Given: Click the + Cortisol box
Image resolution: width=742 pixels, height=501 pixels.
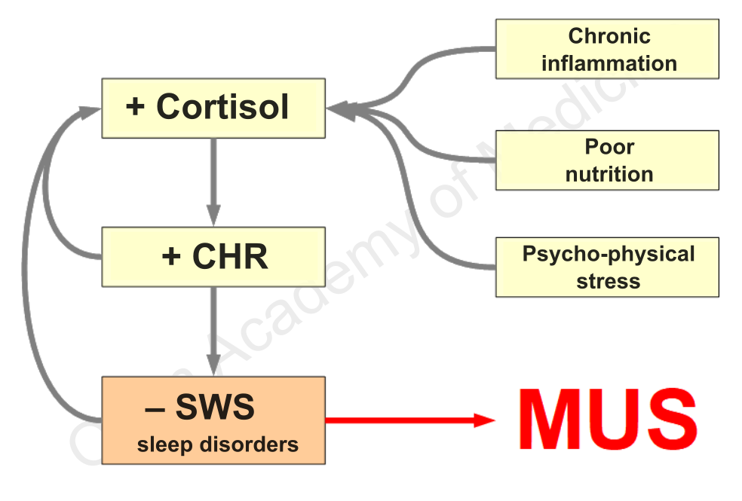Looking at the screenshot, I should [x=213, y=108].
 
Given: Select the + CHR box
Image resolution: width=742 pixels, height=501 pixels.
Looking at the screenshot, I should [x=213, y=257].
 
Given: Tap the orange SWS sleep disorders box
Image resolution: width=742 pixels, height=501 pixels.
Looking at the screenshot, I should [x=213, y=420].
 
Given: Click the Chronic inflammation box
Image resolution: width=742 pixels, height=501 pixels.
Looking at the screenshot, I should [x=607, y=49].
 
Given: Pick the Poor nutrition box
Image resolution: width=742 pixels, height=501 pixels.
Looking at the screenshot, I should [x=607, y=160].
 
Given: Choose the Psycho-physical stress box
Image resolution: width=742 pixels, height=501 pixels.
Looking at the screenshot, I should [x=607, y=267].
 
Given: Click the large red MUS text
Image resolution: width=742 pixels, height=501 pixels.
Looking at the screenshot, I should [x=608, y=419].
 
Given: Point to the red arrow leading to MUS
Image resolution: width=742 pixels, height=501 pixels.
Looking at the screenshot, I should [x=407, y=420].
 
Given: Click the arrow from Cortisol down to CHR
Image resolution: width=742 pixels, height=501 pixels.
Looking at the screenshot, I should [x=214, y=181].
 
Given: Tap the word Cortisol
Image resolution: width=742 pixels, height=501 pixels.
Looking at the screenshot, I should [x=222, y=107].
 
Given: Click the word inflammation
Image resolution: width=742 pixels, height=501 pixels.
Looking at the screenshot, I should [x=609, y=63].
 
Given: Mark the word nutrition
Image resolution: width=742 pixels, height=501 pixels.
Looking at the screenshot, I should [x=609, y=174].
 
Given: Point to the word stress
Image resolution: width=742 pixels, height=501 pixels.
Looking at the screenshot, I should [x=608, y=282].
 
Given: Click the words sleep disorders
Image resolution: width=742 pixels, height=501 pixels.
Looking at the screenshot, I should [x=217, y=444].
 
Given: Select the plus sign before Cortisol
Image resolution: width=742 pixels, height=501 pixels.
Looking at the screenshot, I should [x=136, y=107].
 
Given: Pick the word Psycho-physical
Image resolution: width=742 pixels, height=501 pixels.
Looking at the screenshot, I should [x=608, y=254].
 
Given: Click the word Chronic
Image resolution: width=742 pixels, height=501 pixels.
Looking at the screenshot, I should [x=609, y=35].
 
